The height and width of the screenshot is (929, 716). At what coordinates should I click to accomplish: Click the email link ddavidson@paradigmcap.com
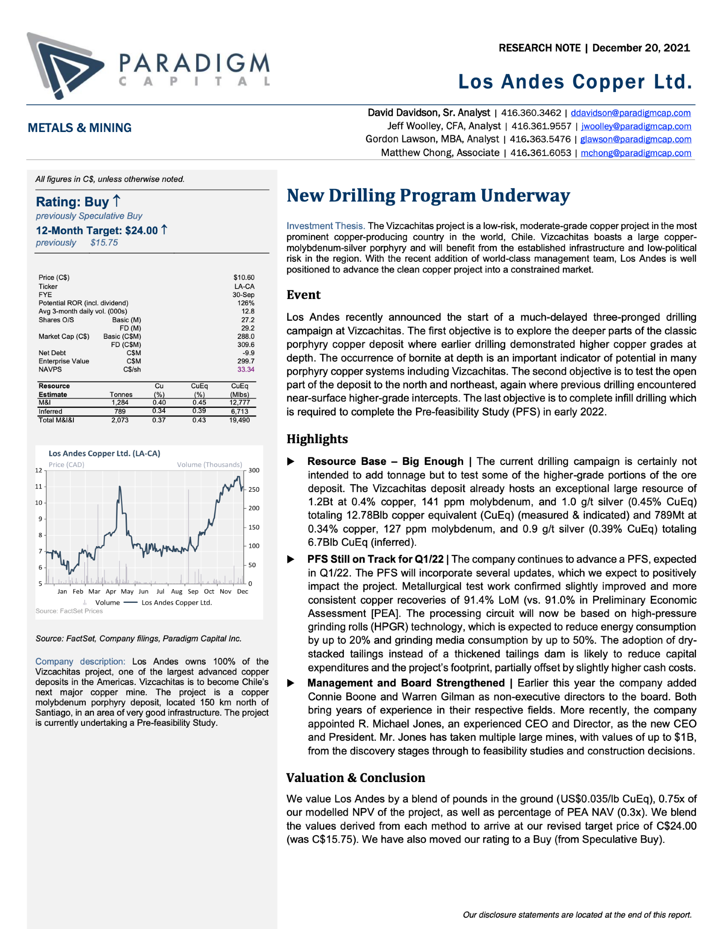(x=630, y=113)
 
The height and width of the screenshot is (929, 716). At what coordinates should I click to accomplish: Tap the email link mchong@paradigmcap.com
(x=636, y=153)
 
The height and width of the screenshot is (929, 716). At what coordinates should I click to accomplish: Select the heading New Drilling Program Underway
(x=428, y=196)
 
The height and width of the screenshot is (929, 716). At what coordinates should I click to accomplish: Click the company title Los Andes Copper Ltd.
(x=575, y=82)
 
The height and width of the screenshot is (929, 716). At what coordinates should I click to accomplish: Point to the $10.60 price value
(x=244, y=277)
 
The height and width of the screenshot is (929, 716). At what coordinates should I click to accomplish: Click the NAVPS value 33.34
(x=246, y=369)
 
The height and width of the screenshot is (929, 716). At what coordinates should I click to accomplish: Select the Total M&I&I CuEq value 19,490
(x=239, y=420)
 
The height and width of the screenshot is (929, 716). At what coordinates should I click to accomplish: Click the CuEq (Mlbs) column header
(x=240, y=390)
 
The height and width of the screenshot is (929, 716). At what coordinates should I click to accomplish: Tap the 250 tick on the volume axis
(x=254, y=489)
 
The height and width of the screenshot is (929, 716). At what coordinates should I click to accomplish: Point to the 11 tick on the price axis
(x=39, y=486)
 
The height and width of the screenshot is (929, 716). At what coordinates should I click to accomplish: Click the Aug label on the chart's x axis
(x=176, y=592)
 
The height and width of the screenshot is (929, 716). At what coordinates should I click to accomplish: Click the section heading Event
(x=304, y=295)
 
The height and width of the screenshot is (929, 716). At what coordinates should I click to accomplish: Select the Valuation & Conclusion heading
(x=356, y=777)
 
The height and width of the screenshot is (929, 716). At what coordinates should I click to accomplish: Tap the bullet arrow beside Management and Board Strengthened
(x=291, y=683)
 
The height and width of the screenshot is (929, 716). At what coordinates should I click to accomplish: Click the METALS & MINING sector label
(x=80, y=128)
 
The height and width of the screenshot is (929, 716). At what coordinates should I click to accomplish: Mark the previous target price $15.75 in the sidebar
(x=104, y=243)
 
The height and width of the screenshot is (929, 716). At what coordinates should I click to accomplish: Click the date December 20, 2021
(x=641, y=48)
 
